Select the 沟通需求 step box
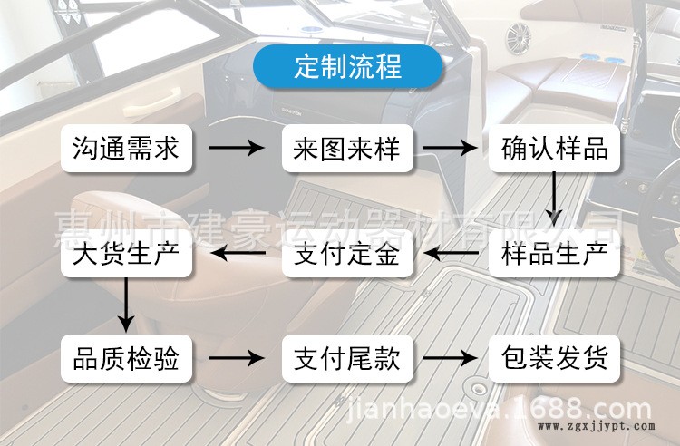click(x=126, y=148)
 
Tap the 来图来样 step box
click(x=347, y=148)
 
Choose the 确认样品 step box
click(x=554, y=148)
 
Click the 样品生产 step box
click(x=554, y=255)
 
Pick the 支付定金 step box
click(x=347, y=255)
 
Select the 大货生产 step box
click(x=126, y=255)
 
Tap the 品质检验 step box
click(x=126, y=360)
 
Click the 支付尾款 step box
click(x=347, y=360)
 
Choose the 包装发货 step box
click(x=554, y=360)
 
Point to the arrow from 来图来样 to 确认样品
click(x=451, y=148)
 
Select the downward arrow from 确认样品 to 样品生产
click(x=554, y=200)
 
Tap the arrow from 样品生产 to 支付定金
click(x=451, y=255)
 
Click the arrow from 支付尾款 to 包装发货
click(x=451, y=360)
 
